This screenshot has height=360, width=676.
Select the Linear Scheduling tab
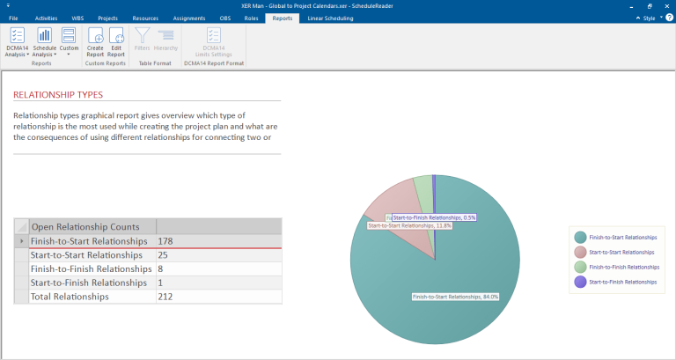point(330,18)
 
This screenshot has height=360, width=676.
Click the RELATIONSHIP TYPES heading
point(58,94)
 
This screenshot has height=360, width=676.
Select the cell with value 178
point(218,240)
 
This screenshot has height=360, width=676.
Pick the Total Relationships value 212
point(218,297)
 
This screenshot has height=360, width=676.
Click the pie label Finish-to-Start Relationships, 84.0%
point(455,297)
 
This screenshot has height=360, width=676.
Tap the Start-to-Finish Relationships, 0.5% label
point(434,217)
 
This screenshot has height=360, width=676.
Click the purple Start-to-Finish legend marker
point(580,282)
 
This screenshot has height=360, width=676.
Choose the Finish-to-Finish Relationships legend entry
point(623,267)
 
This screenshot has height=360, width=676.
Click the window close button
point(665,5)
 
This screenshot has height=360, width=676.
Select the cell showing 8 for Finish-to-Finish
point(218,268)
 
